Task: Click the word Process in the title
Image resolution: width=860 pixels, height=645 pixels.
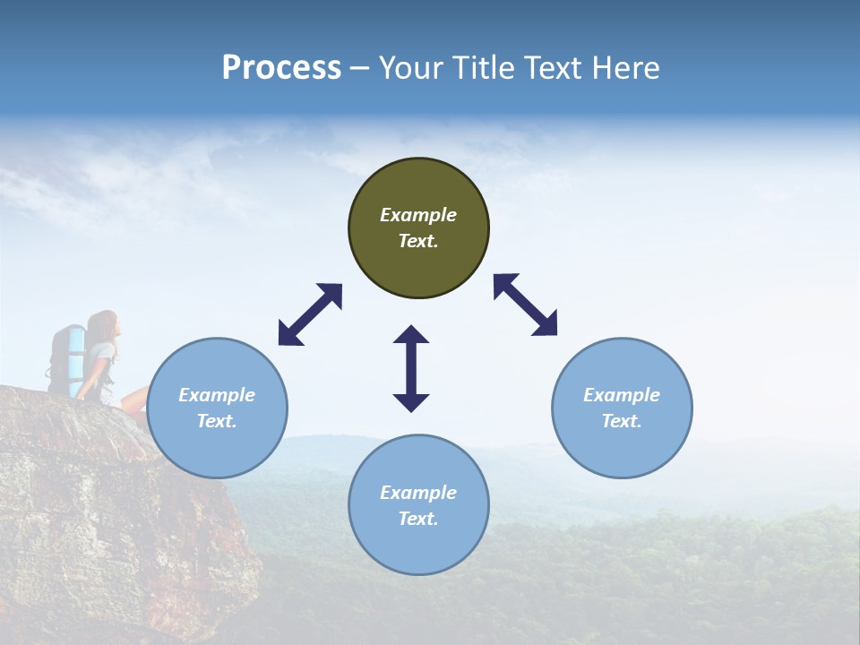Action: point(281,68)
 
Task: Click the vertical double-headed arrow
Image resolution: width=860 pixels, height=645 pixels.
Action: point(411,369)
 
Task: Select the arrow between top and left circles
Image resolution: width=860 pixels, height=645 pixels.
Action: point(310,314)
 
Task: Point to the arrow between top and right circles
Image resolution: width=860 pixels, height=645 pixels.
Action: point(526,305)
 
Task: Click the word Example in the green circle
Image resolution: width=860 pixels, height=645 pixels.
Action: point(418,215)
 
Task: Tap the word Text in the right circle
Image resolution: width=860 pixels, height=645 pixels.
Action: point(622,421)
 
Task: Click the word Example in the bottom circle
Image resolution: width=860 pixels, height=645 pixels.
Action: point(418,493)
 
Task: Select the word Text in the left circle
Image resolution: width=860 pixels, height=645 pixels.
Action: point(217,421)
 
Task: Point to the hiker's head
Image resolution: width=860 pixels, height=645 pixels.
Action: point(105,324)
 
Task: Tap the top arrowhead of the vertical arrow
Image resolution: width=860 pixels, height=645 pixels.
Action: point(411,336)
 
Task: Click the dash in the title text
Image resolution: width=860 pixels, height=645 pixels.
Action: point(360,69)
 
